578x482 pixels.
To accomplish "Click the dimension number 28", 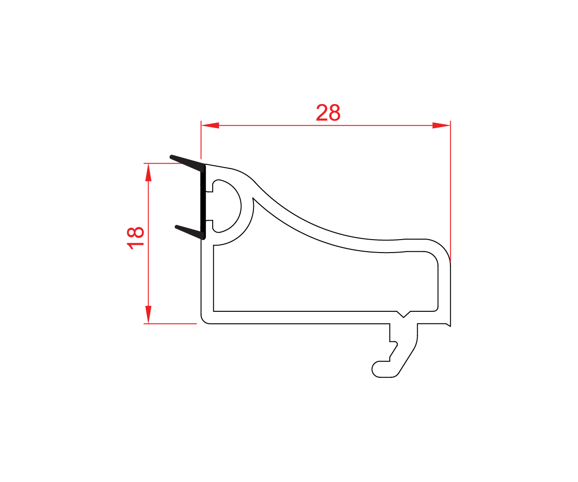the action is (328, 113).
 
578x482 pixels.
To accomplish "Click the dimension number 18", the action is (135, 238).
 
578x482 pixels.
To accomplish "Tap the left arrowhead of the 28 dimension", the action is (210, 125).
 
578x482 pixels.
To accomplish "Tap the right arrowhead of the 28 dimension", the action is (441, 125).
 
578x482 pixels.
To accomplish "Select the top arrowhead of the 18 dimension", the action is (148, 172).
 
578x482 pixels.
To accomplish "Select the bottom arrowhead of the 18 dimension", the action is (148, 315).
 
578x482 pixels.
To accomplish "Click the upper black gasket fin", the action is (187, 163).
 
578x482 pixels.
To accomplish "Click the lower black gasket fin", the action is (190, 232).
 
